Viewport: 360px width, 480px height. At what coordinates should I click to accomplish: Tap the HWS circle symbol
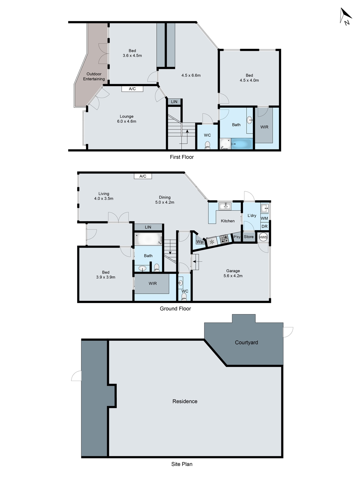coord(263,237)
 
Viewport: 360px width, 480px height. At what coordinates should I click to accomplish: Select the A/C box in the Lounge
coord(132,89)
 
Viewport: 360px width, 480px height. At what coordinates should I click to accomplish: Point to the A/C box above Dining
coord(143,176)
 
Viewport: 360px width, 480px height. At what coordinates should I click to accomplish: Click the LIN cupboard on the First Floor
coord(174,102)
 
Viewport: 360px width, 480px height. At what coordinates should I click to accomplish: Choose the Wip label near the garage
coord(200,242)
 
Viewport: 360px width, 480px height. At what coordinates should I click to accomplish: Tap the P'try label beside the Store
coord(237,237)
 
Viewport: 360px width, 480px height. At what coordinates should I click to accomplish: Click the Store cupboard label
coord(249,237)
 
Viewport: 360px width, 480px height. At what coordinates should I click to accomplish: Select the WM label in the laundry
coord(264,218)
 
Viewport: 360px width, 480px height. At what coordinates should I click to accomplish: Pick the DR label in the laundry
coord(264,226)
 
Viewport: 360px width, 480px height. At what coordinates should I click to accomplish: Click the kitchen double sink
coord(225,206)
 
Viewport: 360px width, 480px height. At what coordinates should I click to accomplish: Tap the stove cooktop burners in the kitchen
coord(224,239)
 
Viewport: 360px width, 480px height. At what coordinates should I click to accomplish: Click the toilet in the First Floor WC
coord(207,145)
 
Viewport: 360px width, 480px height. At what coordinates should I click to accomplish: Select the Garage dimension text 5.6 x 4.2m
coord(233,276)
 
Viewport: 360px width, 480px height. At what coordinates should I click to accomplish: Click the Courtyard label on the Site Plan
coord(246,342)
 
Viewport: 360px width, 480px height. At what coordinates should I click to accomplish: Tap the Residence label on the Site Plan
coord(185,401)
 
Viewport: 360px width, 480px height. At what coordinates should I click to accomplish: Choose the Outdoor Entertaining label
coord(94,76)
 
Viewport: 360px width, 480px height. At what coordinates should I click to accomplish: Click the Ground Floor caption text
coord(175,309)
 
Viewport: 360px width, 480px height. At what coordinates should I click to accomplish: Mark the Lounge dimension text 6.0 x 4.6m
coord(127,121)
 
